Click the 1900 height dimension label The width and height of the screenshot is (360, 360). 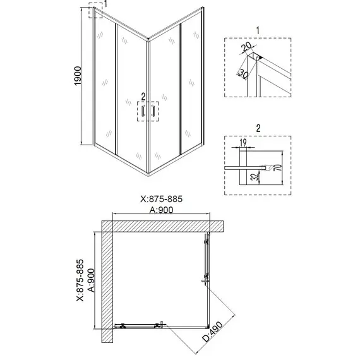coord(78,76)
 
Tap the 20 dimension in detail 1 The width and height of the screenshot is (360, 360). coord(247,47)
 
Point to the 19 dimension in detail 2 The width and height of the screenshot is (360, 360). coord(243,143)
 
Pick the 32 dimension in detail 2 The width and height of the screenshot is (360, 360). coord(256,176)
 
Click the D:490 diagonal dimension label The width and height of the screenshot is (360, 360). coord(212,332)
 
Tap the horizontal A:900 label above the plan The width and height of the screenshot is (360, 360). coord(162,210)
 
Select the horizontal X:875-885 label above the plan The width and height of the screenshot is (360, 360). coord(162,199)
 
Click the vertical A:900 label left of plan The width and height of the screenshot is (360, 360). coord(91,280)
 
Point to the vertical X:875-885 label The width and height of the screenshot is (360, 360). coord(80,280)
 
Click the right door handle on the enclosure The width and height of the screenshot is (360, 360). coord(152,111)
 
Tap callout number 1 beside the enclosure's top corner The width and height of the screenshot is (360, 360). coord(105,4)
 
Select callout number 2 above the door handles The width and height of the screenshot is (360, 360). coord(143,97)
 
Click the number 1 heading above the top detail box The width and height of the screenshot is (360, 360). coord(258,30)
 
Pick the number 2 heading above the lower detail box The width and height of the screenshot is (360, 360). coord(258,128)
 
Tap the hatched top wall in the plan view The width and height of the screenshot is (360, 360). coord(162,226)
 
